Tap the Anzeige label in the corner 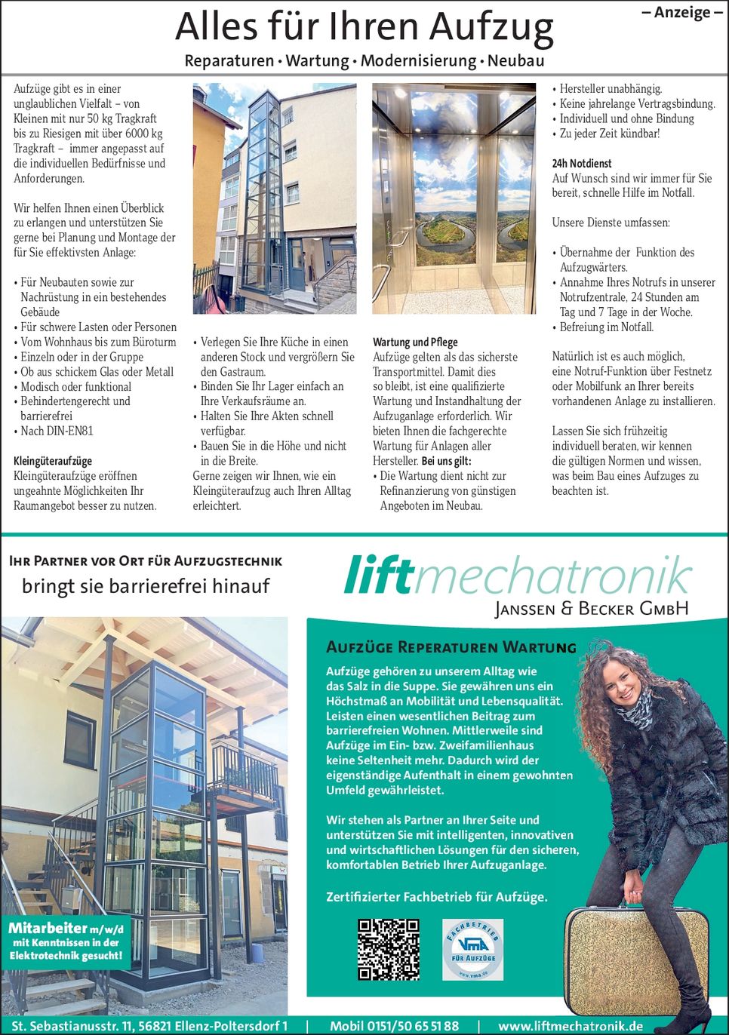pyautogui.click(x=681, y=13)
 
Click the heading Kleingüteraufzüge pyautogui.click(x=53, y=461)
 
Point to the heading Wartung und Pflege pyautogui.click(x=415, y=342)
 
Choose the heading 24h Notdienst pyautogui.click(x=582, y=163)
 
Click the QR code pyautogui.click(x=388, y=949)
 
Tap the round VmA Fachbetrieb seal pyautogui.click(x=472, y=949)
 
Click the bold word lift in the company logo pyautogui.click(x=379, y=576)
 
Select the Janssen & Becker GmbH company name pyautogui.click(x=592, y=609)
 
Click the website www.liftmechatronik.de pyautogui.click(x=571, y=1026)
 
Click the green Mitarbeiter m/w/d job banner pyautogui.click(x=66, y=941)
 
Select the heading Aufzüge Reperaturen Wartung pyautogui.click(x=451, y=647)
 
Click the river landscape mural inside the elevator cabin pyautogui.click(x=454, y=227)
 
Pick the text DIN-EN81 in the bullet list pyautogui.click(x=69, y=432)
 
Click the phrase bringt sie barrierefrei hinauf pyautogui.click(x=146, y=586)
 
